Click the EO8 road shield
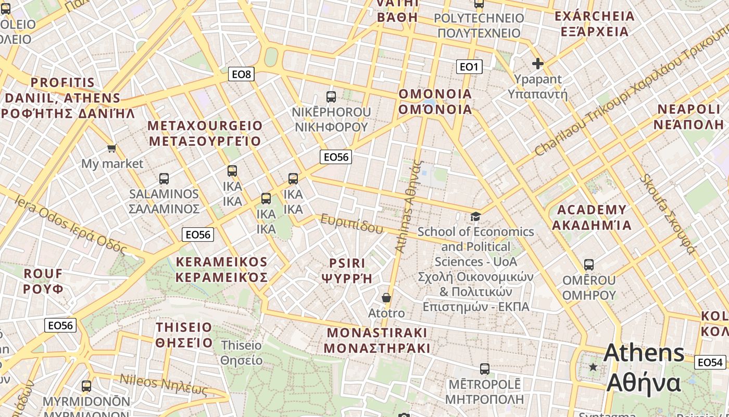[x=242, y=74]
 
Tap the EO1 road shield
[x=469, y=66]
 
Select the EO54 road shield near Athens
[x=710, y=362]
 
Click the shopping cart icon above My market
[x=111, y=149]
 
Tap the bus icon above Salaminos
[x=164, y=179]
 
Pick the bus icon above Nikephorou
[x=331, y=96]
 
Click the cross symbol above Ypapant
[x=537, y=64]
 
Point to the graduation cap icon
[x=475, y=216]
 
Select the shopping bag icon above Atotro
[x=386, y=298]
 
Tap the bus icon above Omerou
[x=589, y=265]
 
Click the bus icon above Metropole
[x=485, y=369]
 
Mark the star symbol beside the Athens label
[x=593, y=367]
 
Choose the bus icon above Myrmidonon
[x=86, y=386]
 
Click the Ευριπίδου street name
[x=351, y=224]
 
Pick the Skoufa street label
[x=669, y=214]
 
